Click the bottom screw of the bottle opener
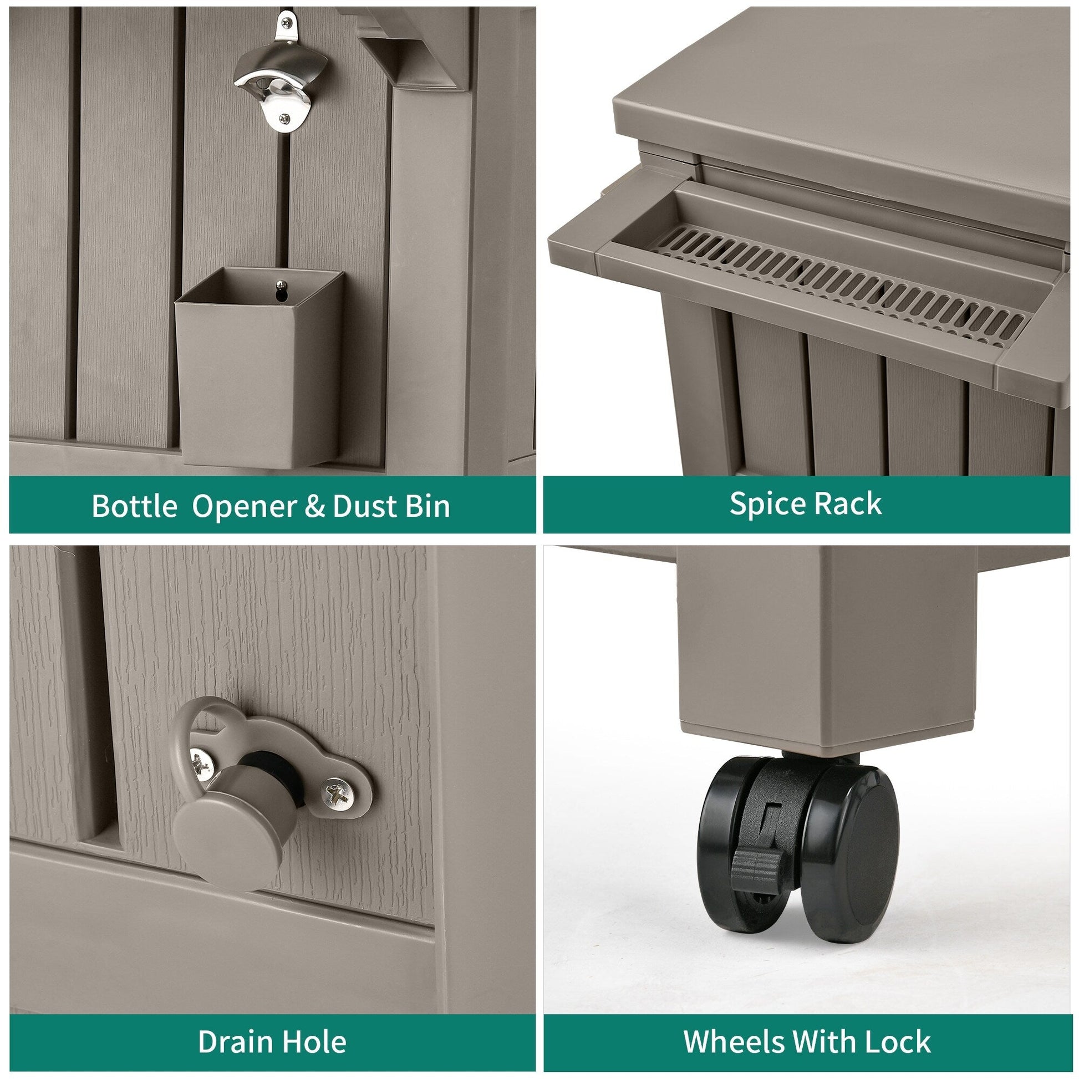click(x=285, y=119)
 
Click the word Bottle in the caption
click(x=135, y=506)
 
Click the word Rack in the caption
click(x=848, y=504)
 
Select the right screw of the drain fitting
click(x=337, y=793)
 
